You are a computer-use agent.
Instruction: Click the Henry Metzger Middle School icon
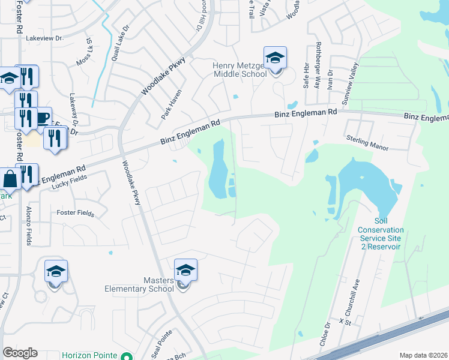coord(275,59)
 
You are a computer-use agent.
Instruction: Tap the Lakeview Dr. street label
coord(45,38)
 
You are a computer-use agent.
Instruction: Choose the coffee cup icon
coord(43,118)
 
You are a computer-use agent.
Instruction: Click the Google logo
coord(20,353)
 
